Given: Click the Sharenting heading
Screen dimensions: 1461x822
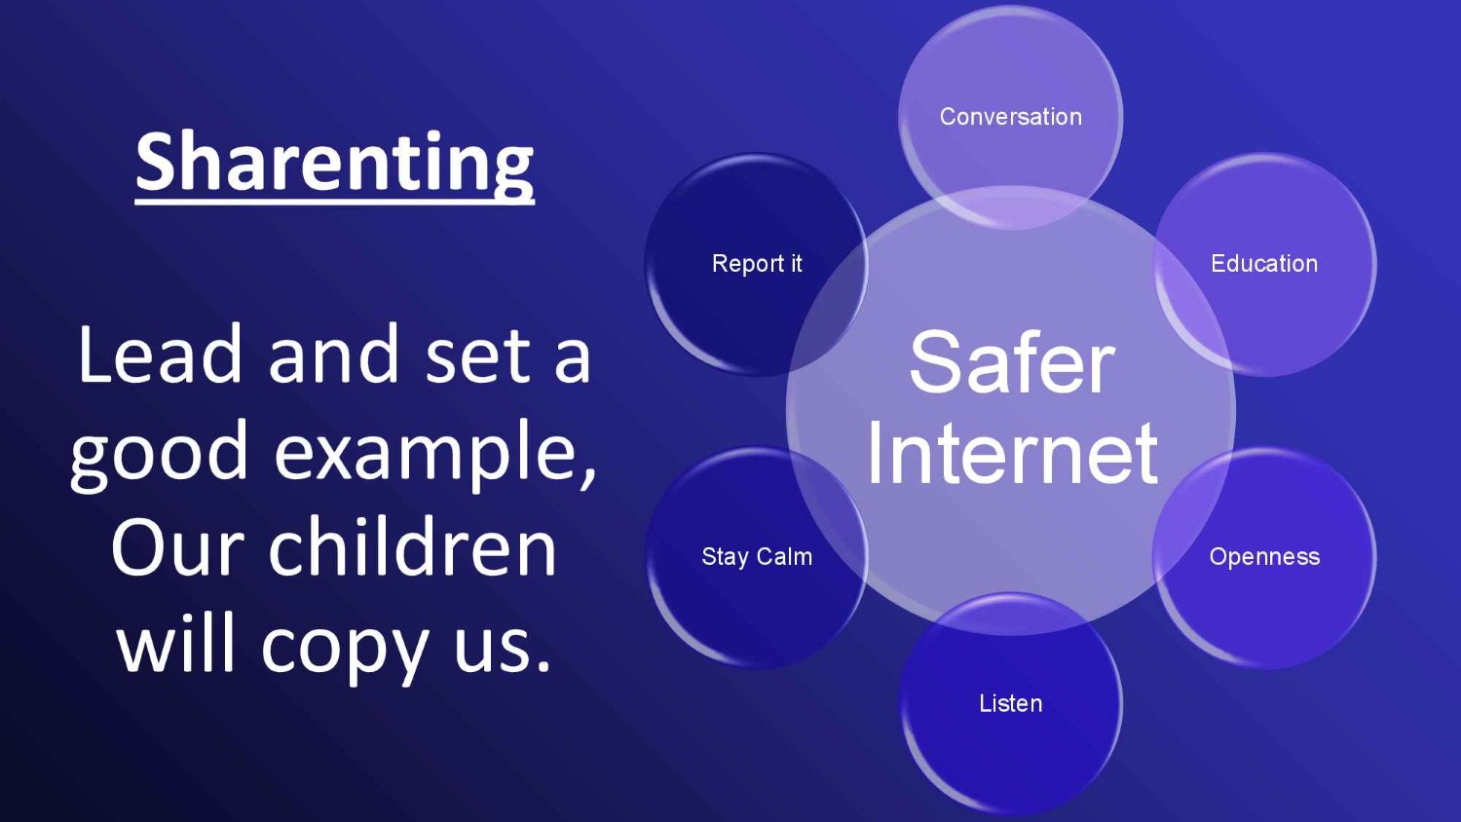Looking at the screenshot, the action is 335,163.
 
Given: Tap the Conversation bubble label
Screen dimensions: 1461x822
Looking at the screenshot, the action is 1010,117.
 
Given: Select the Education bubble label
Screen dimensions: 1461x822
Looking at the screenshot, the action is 1264,264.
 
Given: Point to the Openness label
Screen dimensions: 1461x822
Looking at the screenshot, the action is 1264,557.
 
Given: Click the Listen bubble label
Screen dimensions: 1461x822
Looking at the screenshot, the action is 1010,703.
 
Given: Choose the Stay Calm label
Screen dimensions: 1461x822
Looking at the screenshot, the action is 757,556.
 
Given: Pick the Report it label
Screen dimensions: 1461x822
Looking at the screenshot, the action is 757,264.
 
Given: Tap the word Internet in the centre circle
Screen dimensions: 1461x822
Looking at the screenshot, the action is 1012,453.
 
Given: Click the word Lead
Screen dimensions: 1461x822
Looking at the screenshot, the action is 160,355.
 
